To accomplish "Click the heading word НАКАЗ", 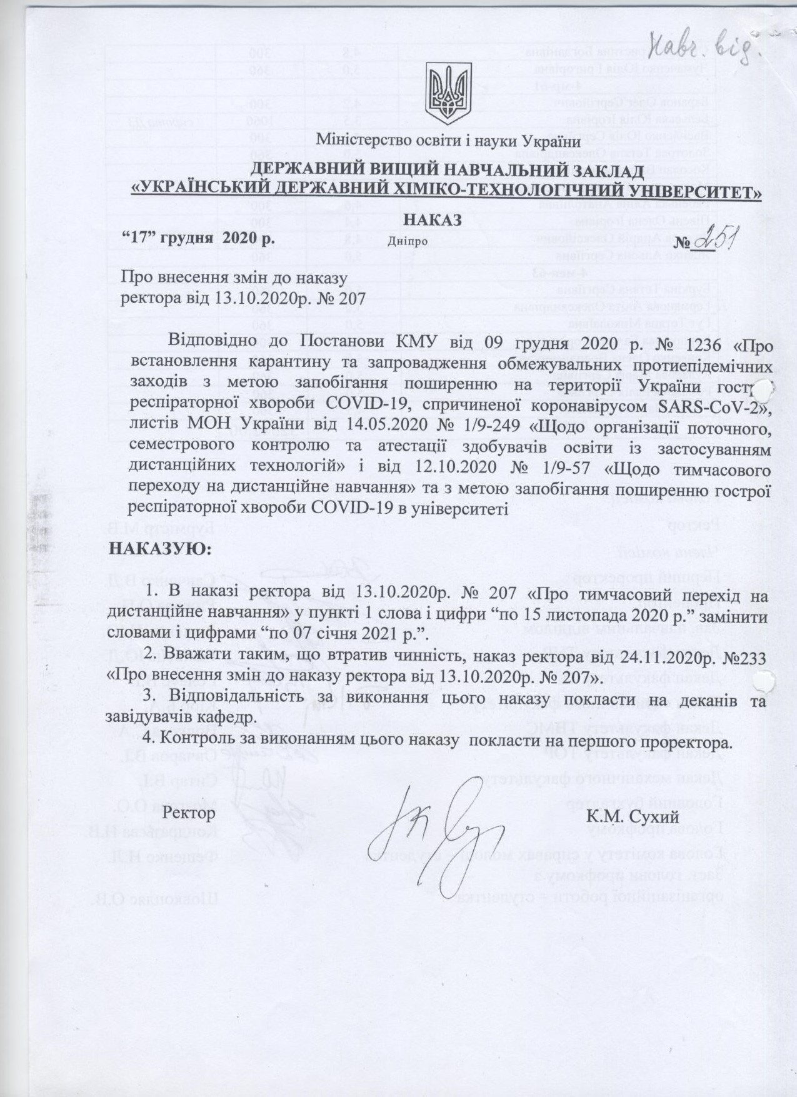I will [433, 220].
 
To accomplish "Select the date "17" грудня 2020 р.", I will [194, 238].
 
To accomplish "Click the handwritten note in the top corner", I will [711, 43].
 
